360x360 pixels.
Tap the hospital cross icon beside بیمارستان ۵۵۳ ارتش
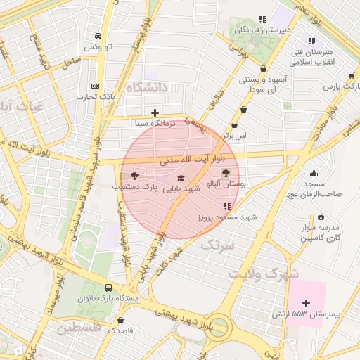(x=305, y=303)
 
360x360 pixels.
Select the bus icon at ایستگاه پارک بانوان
(x=108, y=288)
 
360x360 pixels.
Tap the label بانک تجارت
(x=97, y=96)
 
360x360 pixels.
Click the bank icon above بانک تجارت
(x=96, y=86)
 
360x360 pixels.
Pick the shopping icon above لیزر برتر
(x=243, y=110)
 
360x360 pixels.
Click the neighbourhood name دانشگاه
(x=147, y=87)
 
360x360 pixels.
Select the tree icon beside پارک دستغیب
(x=134, y=176)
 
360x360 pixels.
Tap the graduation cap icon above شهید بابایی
(x=181, y=179)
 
